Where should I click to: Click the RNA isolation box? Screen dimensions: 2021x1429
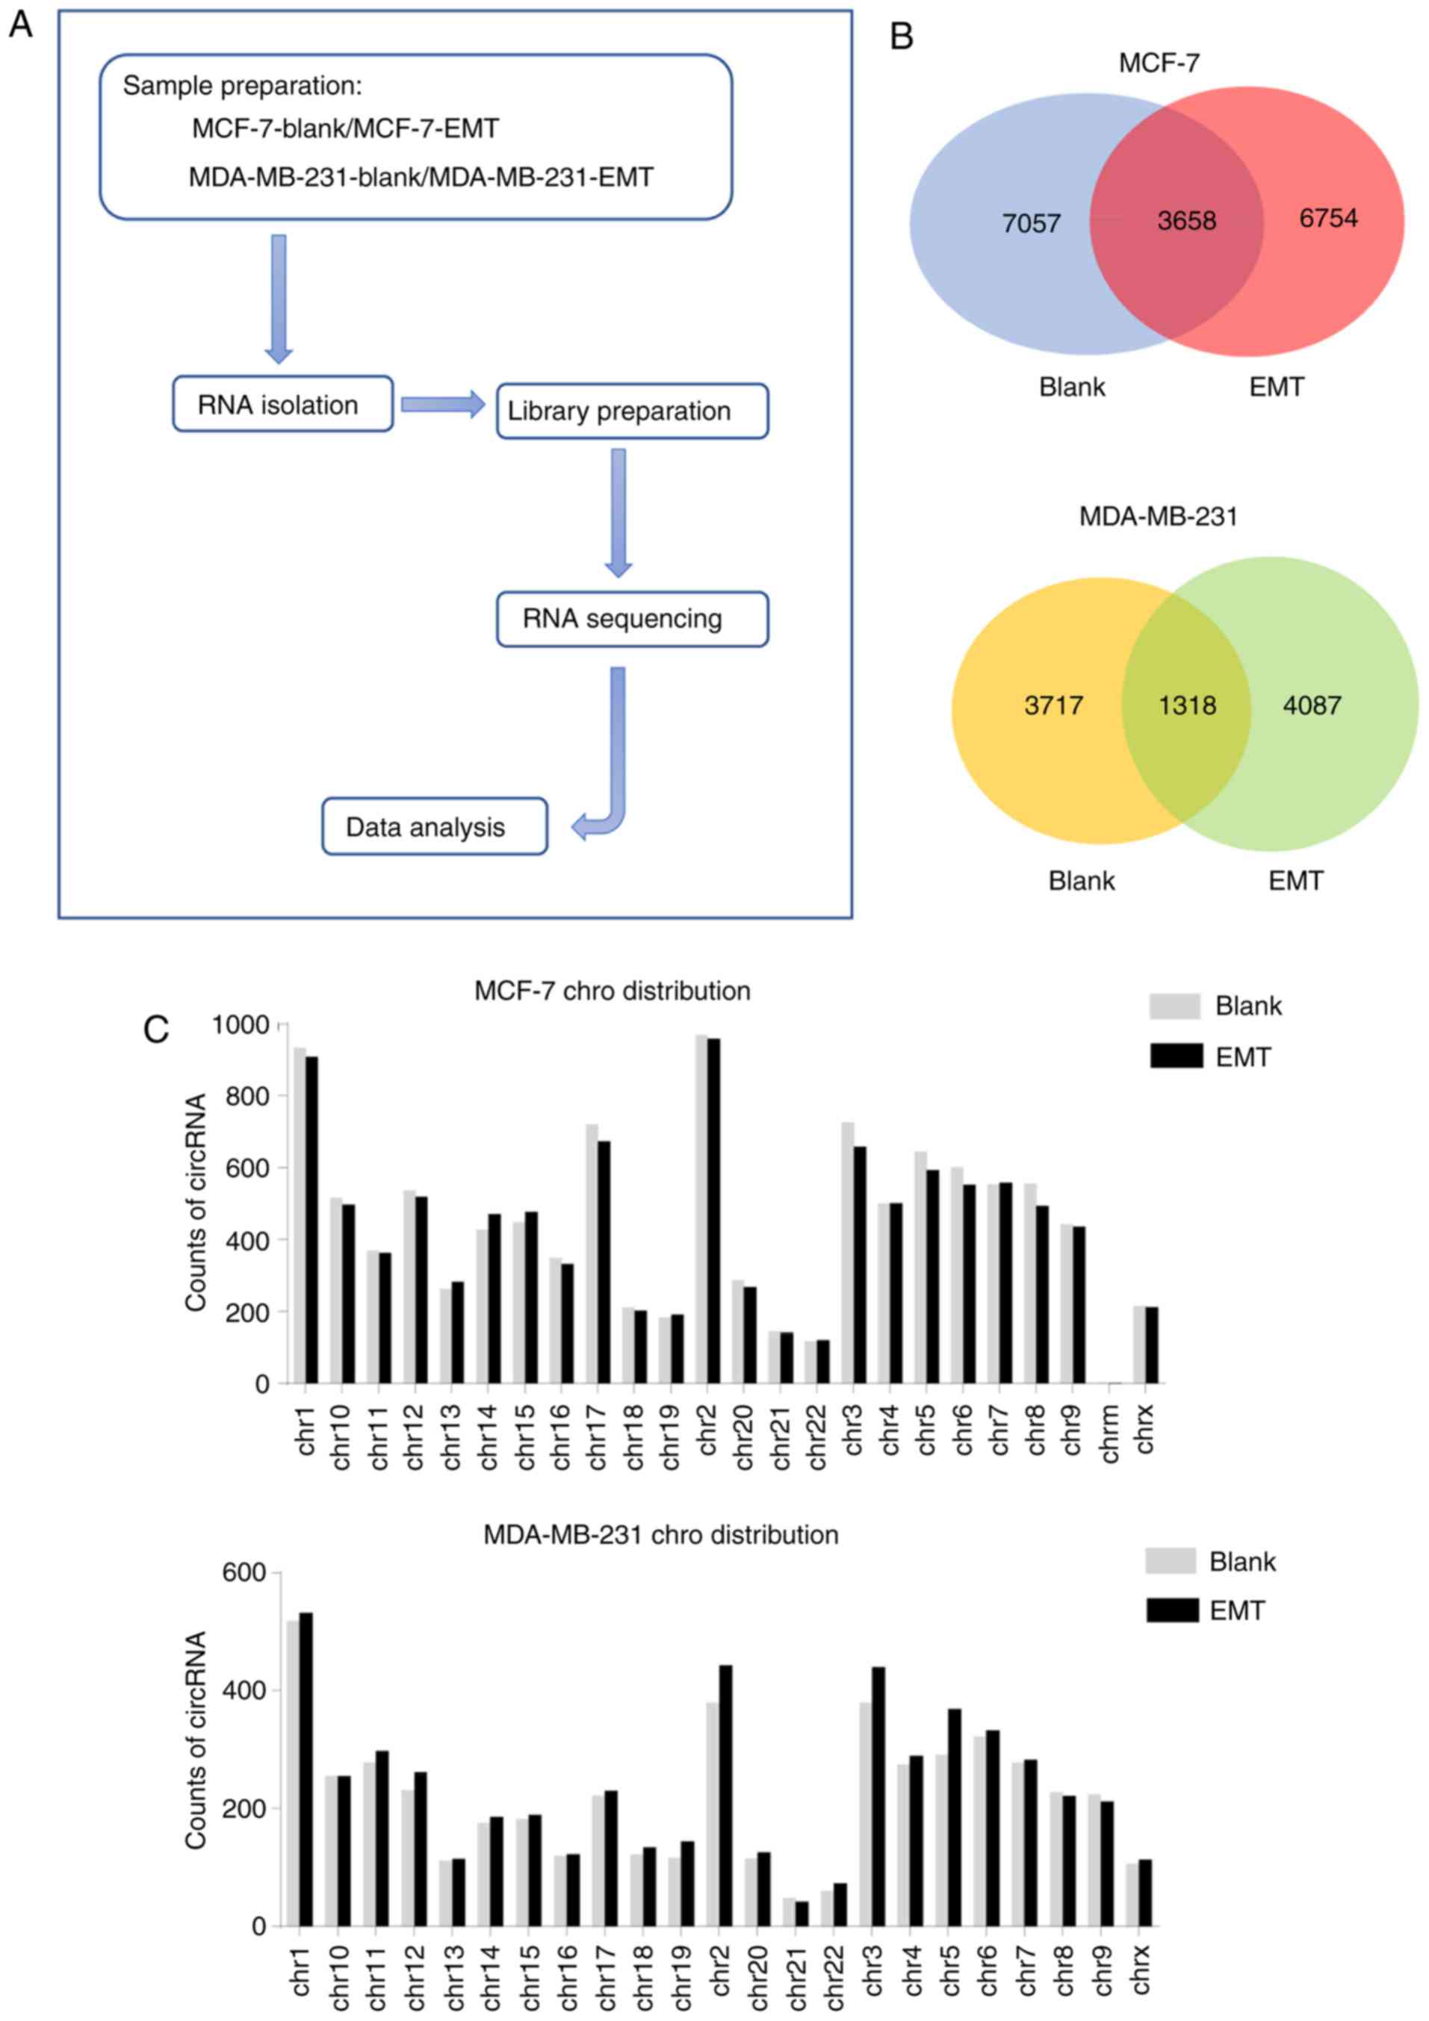282,404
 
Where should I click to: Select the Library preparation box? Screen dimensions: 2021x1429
631,411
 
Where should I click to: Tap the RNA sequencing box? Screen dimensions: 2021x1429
631,619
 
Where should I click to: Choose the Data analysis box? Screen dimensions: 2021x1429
434,826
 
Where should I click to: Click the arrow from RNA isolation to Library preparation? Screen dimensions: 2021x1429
443,404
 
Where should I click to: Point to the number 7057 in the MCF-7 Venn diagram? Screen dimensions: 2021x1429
1031,223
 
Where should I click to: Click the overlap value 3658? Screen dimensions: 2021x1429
1186,220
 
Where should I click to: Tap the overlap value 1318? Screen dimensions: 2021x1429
1187,705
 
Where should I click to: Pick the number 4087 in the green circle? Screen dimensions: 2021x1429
1312,705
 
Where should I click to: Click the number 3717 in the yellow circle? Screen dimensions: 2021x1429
1053,705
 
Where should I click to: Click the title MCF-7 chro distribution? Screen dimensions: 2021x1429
612,991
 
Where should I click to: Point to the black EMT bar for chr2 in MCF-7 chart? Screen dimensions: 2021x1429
713,1210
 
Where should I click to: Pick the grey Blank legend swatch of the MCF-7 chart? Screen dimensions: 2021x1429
1174,1006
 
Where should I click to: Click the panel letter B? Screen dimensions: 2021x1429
902,37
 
